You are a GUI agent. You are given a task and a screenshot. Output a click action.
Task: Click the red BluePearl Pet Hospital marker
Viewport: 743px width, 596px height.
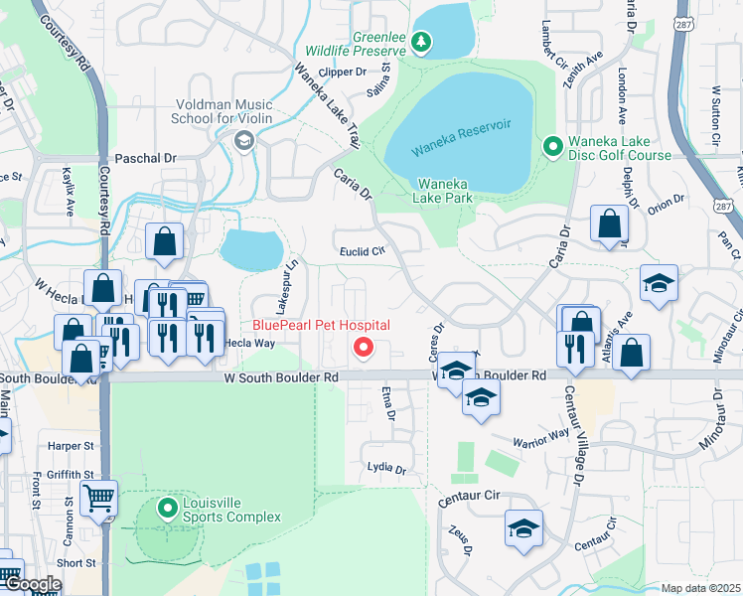364,347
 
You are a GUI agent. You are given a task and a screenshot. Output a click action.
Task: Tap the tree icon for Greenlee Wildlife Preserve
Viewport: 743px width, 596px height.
422,43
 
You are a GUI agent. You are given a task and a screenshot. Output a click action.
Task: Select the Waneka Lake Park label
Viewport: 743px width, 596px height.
443,191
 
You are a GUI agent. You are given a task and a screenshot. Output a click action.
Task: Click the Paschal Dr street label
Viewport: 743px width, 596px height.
145,158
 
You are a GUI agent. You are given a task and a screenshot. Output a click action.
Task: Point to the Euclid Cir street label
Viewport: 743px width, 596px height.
362,251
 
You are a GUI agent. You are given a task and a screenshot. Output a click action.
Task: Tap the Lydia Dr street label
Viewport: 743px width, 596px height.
386,468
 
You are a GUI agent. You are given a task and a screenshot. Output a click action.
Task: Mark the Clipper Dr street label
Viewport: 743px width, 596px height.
341,72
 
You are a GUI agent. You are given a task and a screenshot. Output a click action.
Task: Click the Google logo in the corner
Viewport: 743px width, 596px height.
32,585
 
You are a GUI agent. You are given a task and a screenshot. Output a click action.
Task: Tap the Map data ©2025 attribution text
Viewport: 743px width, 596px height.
700,588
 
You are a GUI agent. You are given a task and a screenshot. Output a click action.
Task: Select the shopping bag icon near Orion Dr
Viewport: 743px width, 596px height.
608,224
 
